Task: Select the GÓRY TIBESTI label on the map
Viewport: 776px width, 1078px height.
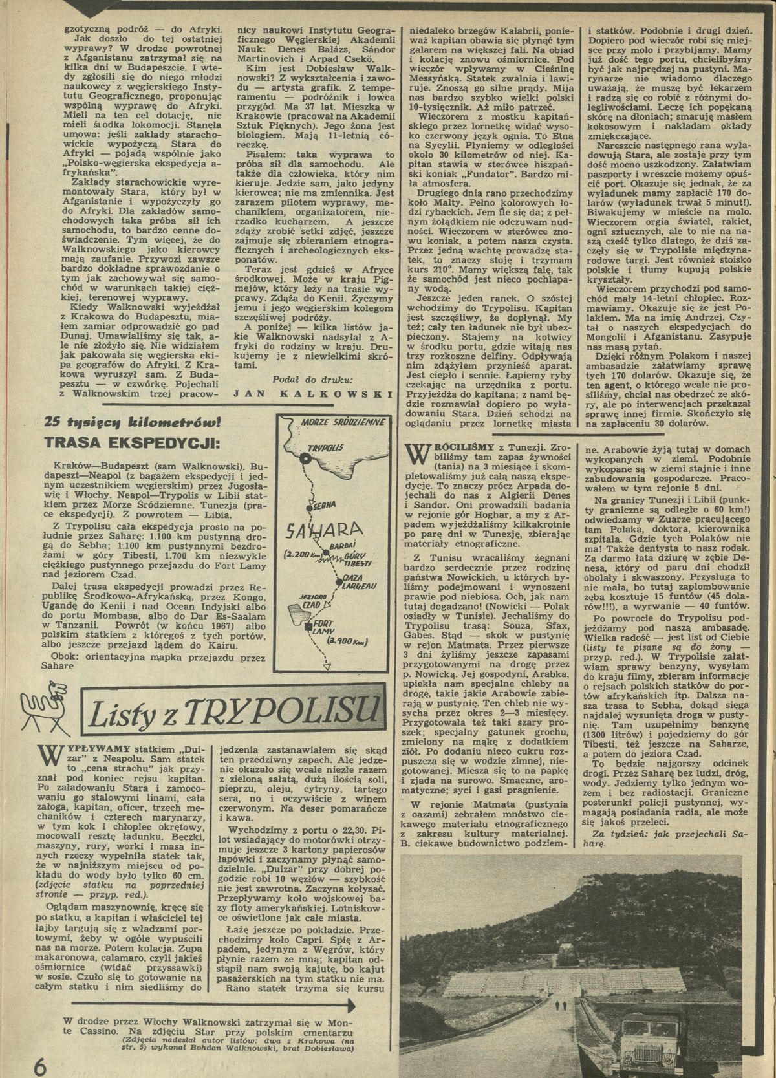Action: pyautogui.click(x=358, y=559)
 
